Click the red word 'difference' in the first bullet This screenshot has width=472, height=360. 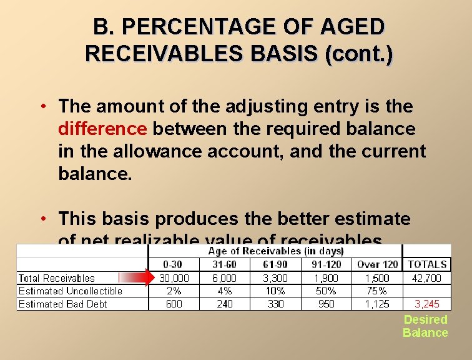click(102, 129)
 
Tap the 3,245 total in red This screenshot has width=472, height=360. click(427, 304)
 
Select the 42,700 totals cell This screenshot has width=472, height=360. click(427, 278)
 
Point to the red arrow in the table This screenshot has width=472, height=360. click(136, 278)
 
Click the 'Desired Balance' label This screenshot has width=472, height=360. click(425, 326)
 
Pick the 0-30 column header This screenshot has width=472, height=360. click(174, 265)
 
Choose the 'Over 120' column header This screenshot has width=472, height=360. click(376, 265)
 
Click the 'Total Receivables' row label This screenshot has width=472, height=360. click(57, 278)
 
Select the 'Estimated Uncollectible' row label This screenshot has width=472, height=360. click(70, 291)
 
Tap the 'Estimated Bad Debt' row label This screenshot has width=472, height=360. click(62, 304)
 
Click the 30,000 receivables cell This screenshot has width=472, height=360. click(174, 278)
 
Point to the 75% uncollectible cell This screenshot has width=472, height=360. click(376, 291)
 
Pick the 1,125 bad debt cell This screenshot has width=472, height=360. click(376, 304)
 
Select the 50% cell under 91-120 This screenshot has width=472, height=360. click(326, 291)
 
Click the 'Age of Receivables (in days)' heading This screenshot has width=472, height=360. click(275, 251)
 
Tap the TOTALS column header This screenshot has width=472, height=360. click(427, 265)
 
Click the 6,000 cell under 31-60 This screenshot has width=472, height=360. click(224, 278)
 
